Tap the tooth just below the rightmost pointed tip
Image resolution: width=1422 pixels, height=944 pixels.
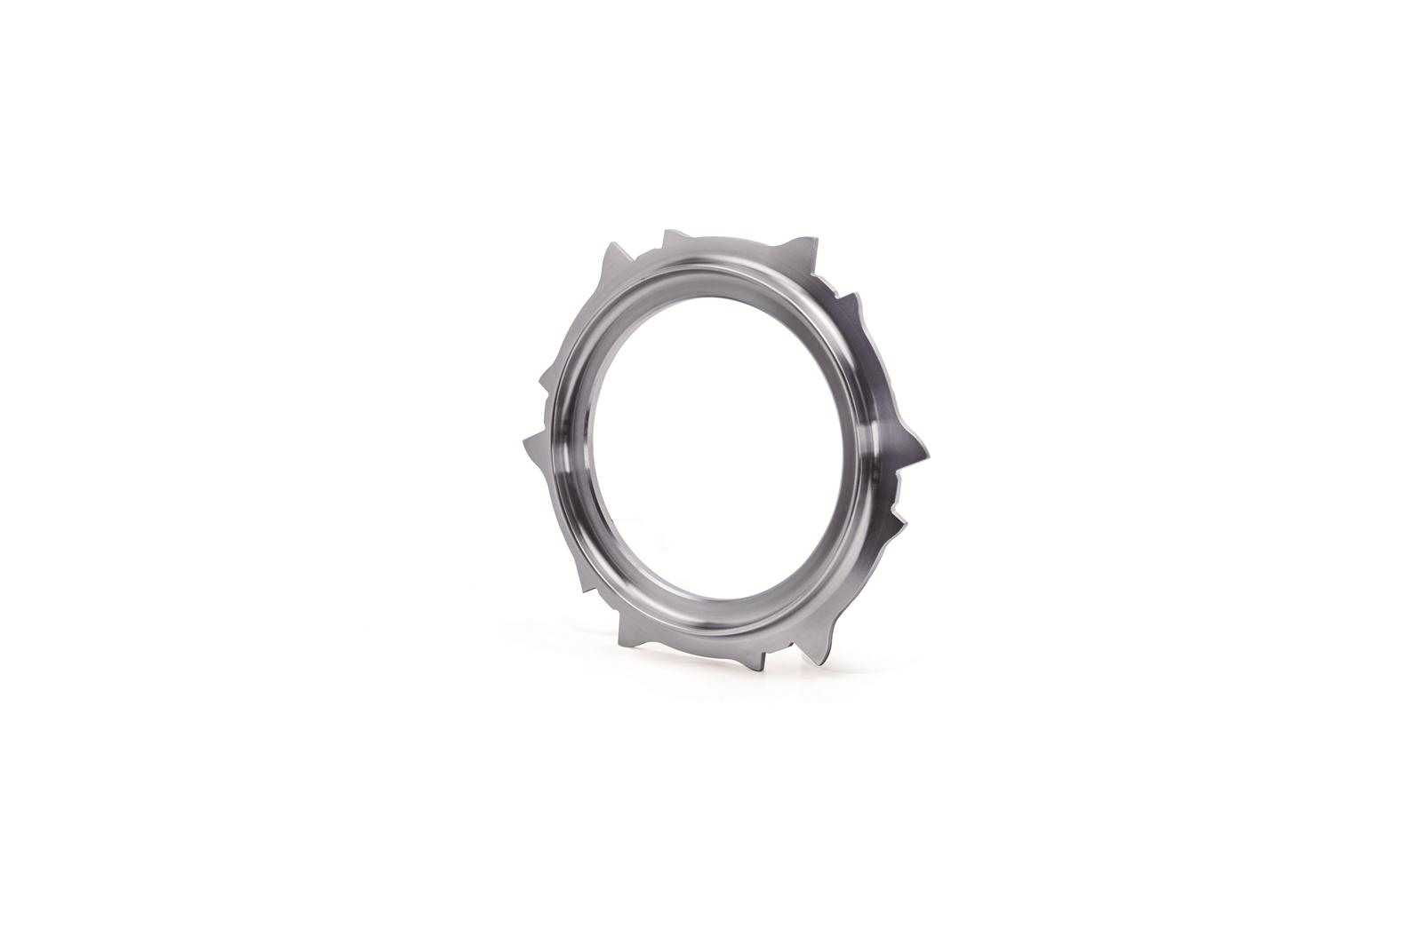tap(898, 515)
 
